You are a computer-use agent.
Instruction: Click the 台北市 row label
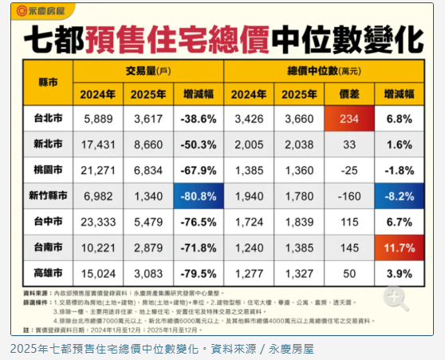pos(44,119)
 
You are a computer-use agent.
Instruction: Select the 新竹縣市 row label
pos(44,196)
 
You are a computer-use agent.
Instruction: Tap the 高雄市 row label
pos(44,274)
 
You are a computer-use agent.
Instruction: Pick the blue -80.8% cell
pos(199,196)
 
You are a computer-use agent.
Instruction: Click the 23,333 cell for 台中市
pos(99,223)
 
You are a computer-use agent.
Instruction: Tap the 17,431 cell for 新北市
pos(99,145)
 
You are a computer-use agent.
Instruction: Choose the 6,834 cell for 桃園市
pos(148,171)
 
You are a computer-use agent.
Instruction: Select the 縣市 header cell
pos(44,82)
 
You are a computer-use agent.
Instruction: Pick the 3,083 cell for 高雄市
pos(148,274)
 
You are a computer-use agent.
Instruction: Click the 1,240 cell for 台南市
pos(250,248)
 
